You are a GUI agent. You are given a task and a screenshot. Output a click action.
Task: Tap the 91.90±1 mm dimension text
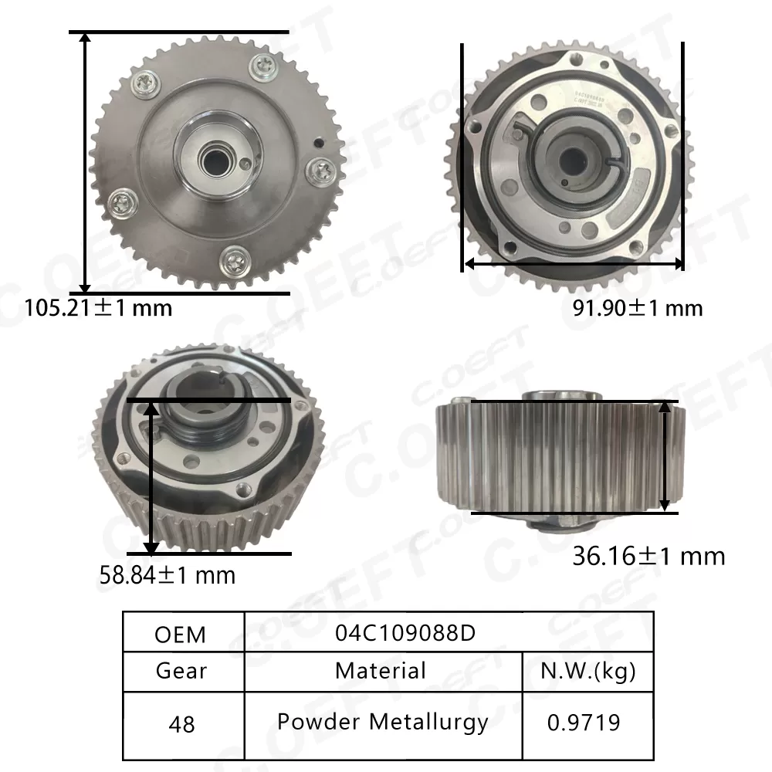coord(638,309)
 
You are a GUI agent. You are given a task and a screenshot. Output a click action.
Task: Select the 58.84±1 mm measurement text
coord(168,575)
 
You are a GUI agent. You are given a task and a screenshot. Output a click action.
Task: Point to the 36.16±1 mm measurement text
coord(648,556)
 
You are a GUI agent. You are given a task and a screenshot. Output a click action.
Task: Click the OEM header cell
coord(181,634)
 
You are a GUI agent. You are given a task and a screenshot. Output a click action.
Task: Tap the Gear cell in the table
coord(181,670)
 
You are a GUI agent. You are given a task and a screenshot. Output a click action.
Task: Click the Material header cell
coord(381,670)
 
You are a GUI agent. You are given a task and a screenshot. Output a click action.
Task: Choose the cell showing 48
coord(181,724)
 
